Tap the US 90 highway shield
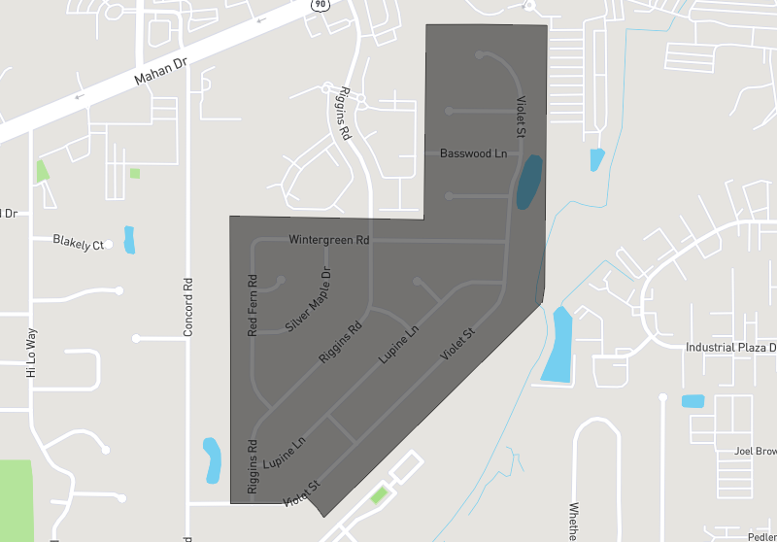[320, 5]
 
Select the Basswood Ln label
[473, 153]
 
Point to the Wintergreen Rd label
[329, 239]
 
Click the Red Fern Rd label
[253, 306]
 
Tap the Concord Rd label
[188, 308]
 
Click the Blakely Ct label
[78, 243]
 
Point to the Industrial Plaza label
[730, 347]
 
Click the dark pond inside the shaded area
[529, 183]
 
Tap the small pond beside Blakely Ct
[129, 239]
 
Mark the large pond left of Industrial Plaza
[557, 344]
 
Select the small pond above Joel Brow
[693, 400]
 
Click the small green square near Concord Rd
[135, 174]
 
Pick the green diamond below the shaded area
[379, 496]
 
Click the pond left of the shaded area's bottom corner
[212, 460]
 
